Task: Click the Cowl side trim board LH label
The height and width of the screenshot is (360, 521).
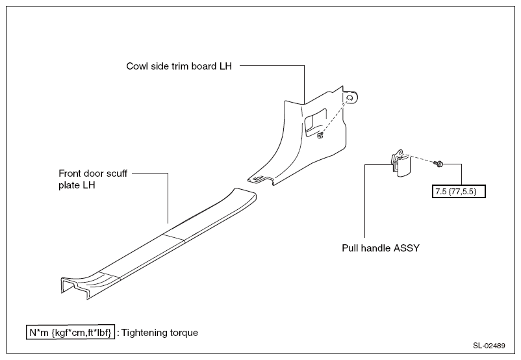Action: coord(179,66)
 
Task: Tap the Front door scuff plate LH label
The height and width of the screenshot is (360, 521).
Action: coord(93,179)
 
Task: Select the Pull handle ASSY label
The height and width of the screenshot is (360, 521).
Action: coord(381,248)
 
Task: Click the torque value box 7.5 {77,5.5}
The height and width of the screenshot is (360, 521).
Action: coord(459,192)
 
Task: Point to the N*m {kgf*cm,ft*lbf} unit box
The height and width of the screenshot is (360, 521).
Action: coord(70,332)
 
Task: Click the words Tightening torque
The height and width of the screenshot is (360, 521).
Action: coord(160,333)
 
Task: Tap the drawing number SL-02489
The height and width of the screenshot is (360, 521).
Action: coord(489,346)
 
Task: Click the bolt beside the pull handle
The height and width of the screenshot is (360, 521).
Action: coord(438,163)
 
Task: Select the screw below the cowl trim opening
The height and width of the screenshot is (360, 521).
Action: coord(320,135)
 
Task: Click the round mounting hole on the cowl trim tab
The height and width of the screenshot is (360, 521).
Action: coord(350,98)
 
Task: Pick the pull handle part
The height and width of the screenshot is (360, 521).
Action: coord(401,163)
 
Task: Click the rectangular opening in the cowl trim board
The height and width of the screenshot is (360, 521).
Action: coord(315,122)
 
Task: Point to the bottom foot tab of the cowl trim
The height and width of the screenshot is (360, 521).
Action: coord(262,180)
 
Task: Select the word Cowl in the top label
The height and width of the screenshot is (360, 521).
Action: coord(137,66)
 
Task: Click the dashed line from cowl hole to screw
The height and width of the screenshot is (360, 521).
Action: coord(335,116)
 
